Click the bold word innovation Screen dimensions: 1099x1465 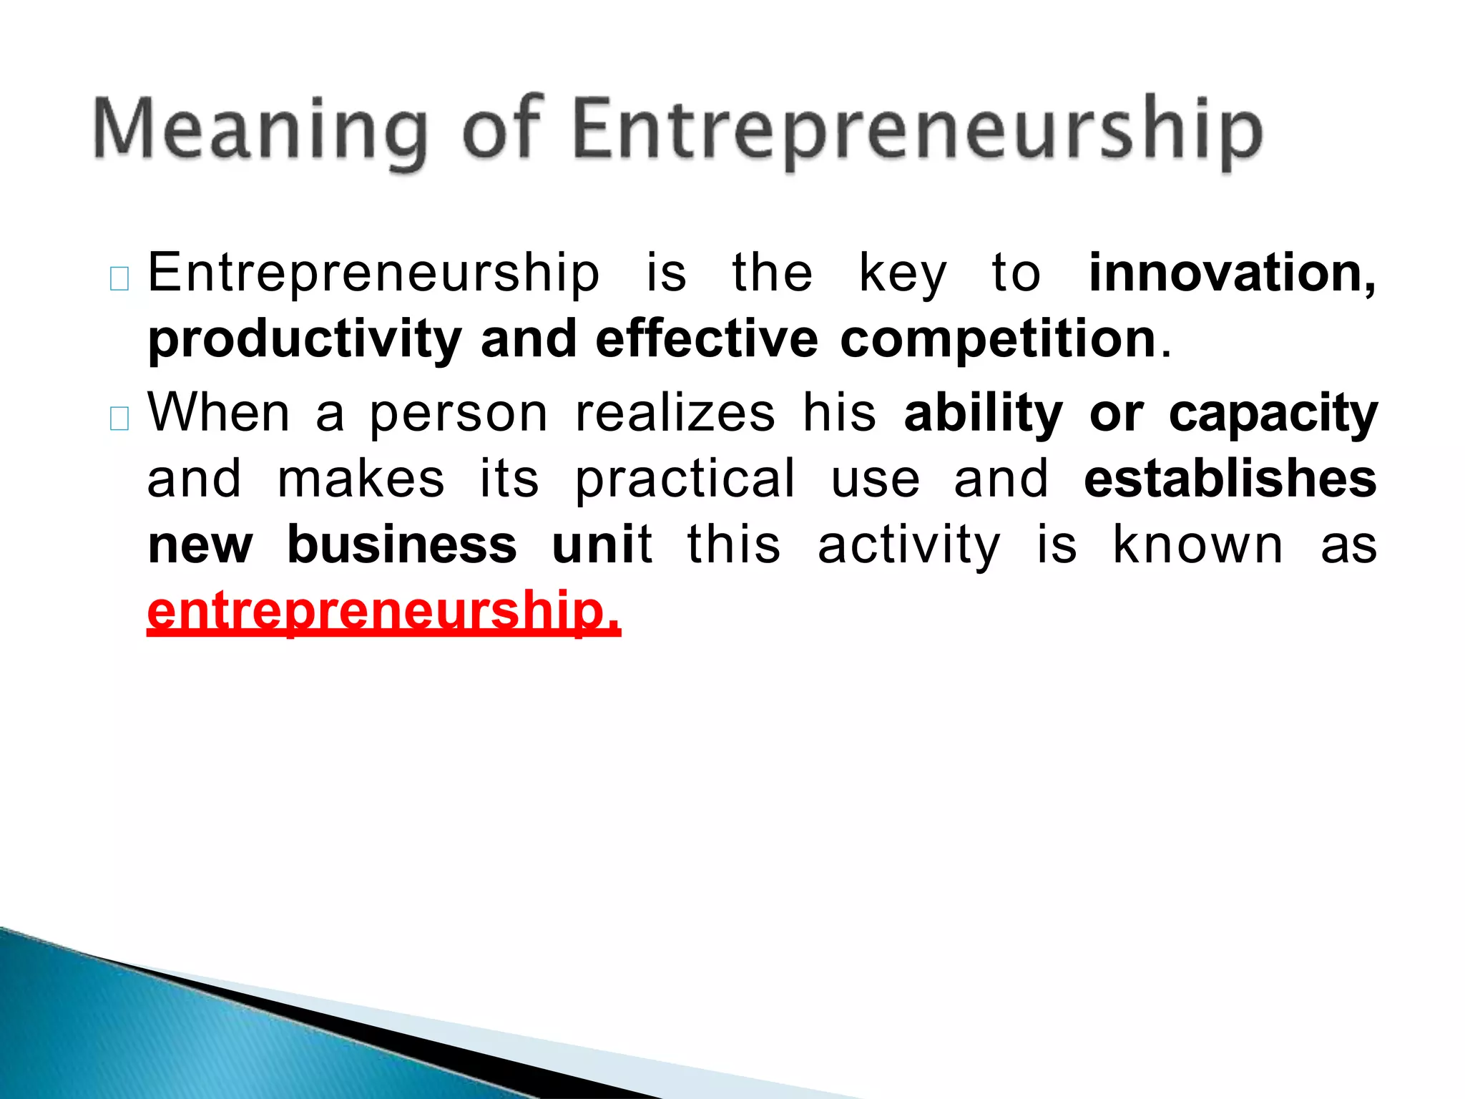1231,273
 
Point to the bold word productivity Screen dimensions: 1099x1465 305,339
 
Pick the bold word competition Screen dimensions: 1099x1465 998,339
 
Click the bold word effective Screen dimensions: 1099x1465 707,339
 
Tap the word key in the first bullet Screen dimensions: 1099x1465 903,275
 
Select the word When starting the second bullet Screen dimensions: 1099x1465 219,413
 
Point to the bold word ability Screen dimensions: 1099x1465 984,414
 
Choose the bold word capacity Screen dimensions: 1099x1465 1273,414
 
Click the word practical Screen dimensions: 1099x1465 685,480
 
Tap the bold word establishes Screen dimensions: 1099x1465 1230,479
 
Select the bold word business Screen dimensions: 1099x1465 402,545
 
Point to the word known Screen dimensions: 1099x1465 1198,545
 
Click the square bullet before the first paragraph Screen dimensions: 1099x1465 119,278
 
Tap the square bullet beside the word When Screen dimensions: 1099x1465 119,419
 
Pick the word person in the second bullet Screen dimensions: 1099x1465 459,414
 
